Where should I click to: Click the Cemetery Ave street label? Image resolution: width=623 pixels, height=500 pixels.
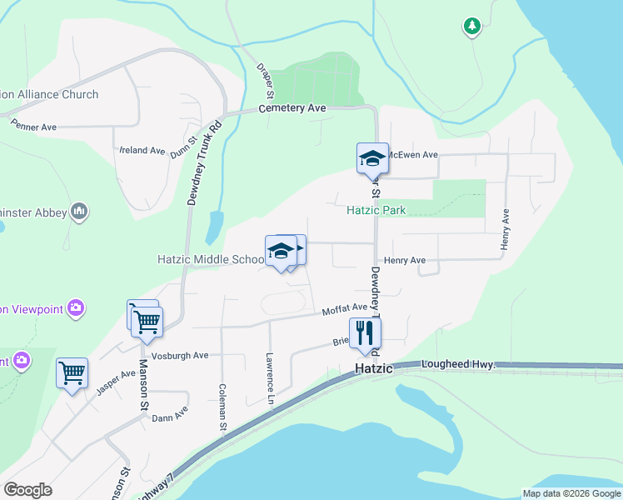point(292,108)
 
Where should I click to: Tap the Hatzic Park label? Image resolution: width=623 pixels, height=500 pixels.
point(376,211)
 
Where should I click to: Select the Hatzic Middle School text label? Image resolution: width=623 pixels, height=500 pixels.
point(211,259)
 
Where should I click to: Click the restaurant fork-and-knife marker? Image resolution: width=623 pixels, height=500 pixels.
point(365,332)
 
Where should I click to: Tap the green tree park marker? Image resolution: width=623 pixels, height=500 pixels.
point(472,27)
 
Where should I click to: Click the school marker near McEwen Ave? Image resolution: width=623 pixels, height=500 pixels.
point(372,158)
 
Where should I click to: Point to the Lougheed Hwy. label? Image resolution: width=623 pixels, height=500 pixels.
point(458,365)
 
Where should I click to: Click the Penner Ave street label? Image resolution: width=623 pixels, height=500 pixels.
point(33,127)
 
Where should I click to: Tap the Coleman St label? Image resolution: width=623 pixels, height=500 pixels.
point(222,407)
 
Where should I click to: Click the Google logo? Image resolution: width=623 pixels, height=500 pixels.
point(28,490)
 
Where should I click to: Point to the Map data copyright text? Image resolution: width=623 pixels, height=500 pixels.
point(571,493)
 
